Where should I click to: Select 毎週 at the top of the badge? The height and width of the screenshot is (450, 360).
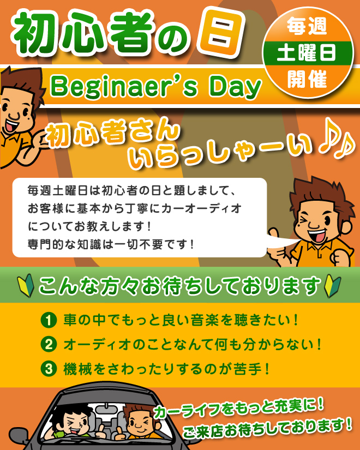click(x=307, y=26)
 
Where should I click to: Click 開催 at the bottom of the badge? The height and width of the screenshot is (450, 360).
click(x=307, y=79)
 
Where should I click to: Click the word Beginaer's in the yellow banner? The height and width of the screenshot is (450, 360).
click(x=124, y=87)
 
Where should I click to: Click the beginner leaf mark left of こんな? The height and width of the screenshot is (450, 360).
click(x=26, y=286)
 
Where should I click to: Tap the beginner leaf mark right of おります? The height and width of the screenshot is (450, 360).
click(x=332, y=286)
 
